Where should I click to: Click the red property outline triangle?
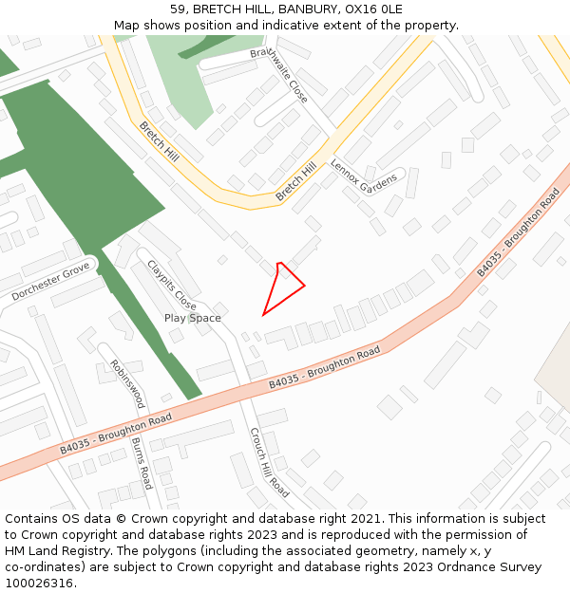click(x=283, y=287)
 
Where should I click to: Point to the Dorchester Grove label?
click(x=51, y=282)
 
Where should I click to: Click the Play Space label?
click(x=192, y=318)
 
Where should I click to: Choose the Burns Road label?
click(x=142, y=463)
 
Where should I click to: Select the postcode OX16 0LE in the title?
click(x=373, y=9)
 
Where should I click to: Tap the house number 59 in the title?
click(x=179, y=9)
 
